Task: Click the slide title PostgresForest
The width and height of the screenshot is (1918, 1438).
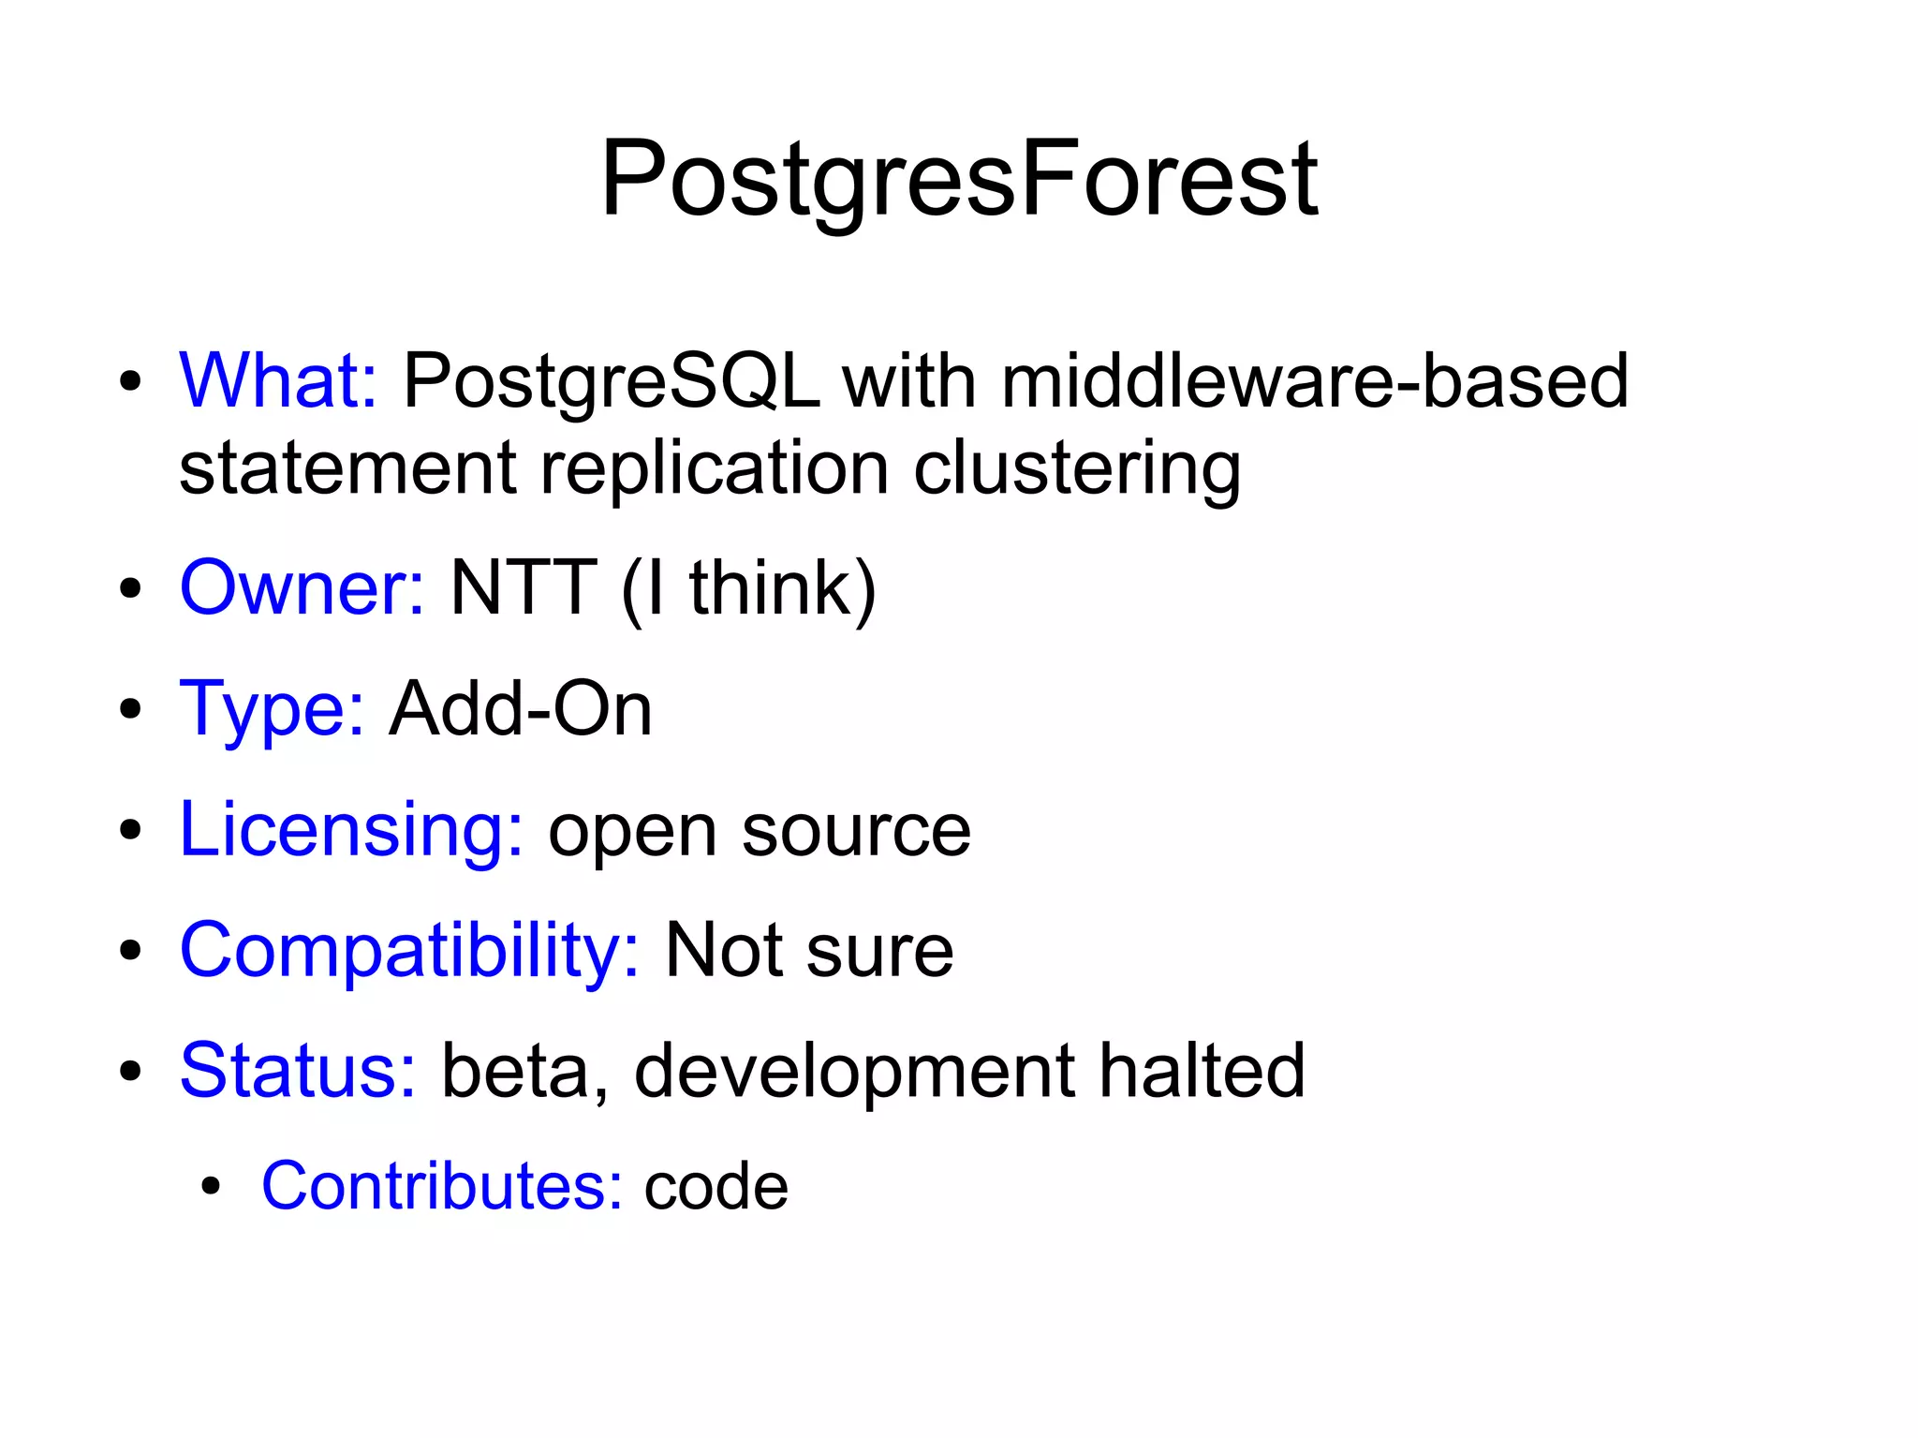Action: tap(959, 178)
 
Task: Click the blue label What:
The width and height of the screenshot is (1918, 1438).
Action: tap(278, 381)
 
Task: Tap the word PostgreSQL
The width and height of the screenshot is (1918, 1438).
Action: tap(611, 381)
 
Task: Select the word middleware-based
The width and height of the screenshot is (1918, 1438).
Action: tap(1314, 381)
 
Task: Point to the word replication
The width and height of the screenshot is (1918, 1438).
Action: tap(714, 467)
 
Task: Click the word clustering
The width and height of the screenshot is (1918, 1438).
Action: tap(1077, 467)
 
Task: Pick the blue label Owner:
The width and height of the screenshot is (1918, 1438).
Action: tap(302, 588)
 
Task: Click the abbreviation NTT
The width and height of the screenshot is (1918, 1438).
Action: tap(523, 588)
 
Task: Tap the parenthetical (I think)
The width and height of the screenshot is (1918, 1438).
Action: tap(749, 588)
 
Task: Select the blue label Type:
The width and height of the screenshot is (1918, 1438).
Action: tap(272, 709)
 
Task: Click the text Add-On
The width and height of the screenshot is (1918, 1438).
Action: tap(521, 709)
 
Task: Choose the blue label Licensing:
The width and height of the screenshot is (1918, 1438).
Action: tap(351, 830)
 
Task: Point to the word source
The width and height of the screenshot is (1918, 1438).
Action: tap(856, 830)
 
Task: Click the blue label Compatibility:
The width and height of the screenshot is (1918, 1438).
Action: tap(409, 950)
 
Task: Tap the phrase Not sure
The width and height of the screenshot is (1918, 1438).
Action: tap(809, 950)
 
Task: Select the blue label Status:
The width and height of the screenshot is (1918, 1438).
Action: tap(298, 1070)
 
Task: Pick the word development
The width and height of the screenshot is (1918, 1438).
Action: tap(854, 1070)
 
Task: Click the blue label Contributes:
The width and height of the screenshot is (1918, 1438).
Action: tap(441, 1186)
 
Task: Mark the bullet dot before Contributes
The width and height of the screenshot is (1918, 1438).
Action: tap(211, 1187)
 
